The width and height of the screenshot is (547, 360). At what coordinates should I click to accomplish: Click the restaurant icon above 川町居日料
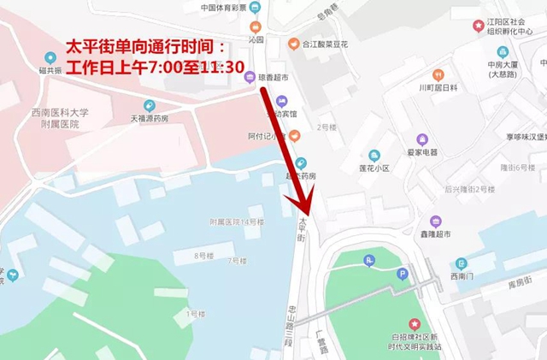tap(438, 74)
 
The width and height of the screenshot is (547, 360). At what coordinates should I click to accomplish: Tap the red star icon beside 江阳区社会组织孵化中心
tap(479, 26)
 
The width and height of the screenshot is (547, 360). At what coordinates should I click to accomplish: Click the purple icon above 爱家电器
tap(422, 139)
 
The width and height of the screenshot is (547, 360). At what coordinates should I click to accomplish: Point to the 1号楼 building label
tap(194, 314)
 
